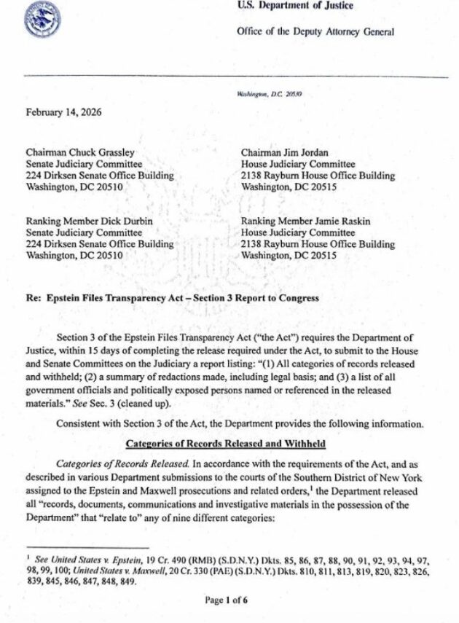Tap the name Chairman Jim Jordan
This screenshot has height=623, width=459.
click(x=284, y=153)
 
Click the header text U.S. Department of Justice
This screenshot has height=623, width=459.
click(x=294, y=6)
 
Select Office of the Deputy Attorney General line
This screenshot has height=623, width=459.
click(x=315, y=31)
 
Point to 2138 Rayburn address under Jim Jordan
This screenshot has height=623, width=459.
click(x=318, y=176)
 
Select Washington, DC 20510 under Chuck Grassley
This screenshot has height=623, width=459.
click(x=74, y=187)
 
